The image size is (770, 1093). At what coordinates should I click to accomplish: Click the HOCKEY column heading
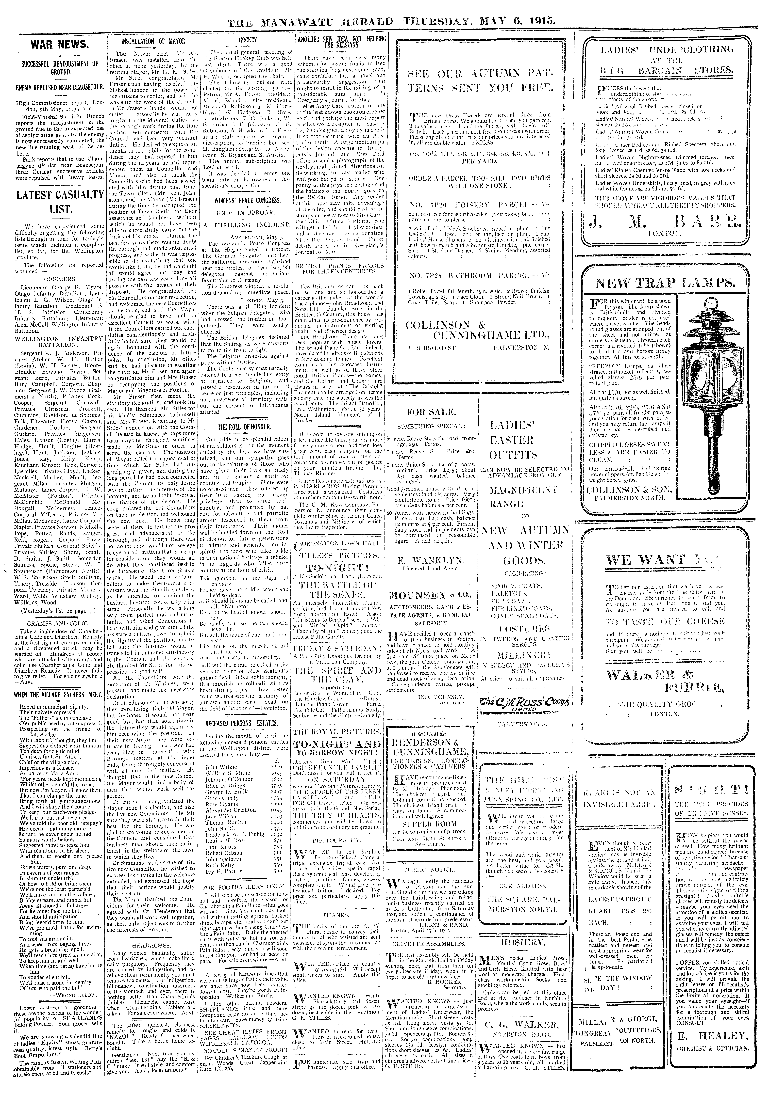[247, 42]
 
